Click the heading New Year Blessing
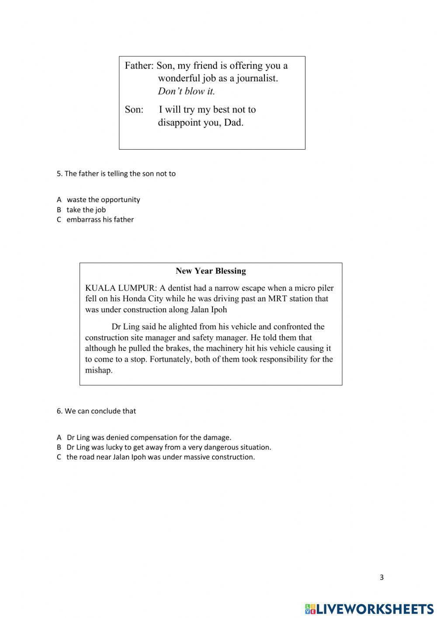point(211,271)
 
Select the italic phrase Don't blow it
point(186,91)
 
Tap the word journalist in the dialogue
point(257,79)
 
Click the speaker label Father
point(138,66)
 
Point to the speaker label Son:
point(134,109)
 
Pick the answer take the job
point(86,210)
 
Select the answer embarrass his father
point(100,220)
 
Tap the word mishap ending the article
point(98,370)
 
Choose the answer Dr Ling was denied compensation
point(149,437)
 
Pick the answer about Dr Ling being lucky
point(169,447)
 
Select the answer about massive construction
point(160,457)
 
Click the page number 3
point(382,577)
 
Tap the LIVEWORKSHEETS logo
point(369,608)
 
